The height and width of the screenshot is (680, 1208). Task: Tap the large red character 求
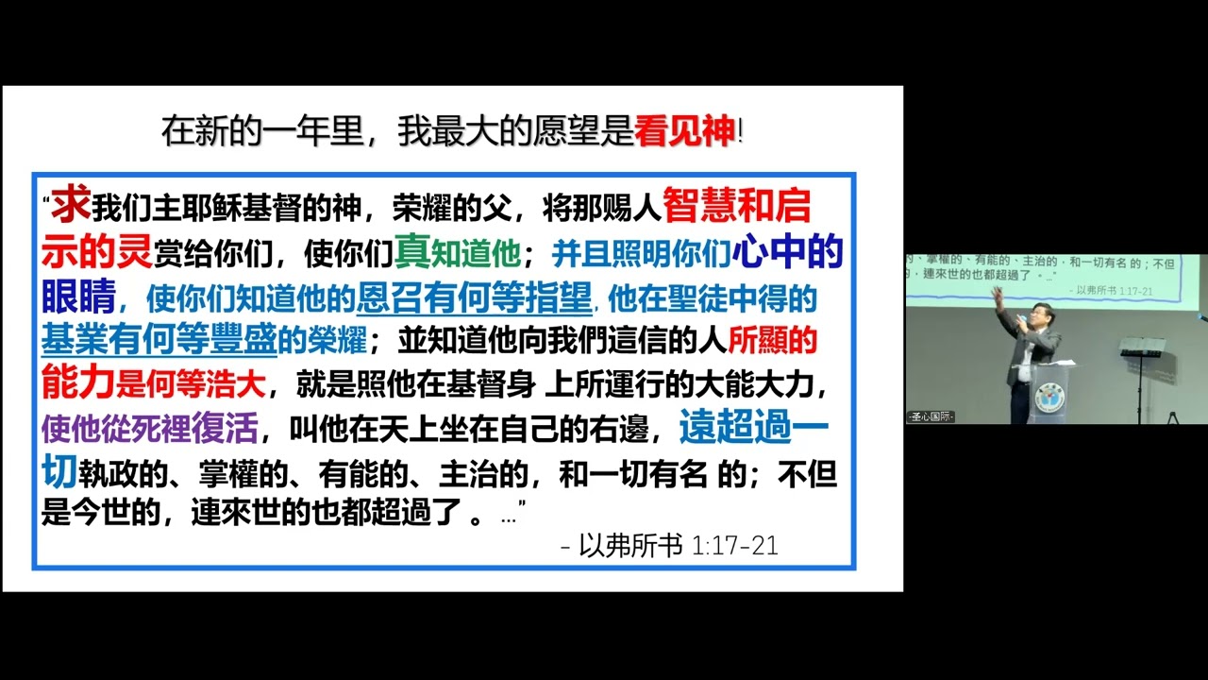70,205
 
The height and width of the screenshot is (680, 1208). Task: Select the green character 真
412,251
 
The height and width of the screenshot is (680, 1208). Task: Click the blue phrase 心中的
787,251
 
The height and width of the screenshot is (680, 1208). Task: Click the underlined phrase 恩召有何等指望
474,297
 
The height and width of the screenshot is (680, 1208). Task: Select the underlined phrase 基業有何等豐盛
159,339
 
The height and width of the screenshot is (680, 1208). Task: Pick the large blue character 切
59,472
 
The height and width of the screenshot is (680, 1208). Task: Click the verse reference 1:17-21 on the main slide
735,546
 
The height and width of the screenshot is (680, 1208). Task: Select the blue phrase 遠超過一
753,428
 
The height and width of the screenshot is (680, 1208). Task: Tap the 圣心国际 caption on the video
931,416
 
